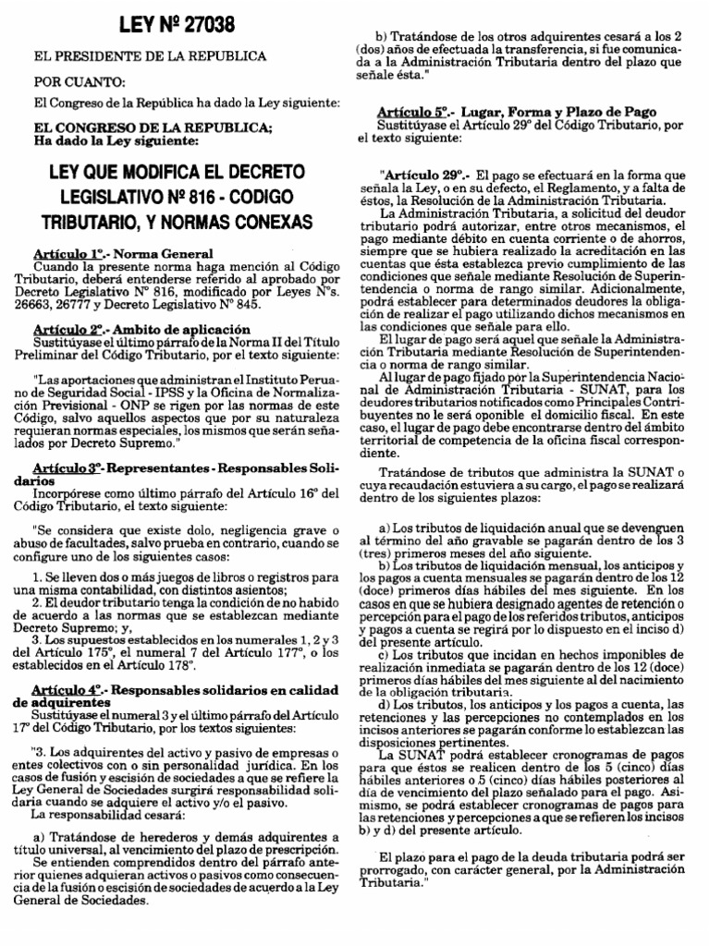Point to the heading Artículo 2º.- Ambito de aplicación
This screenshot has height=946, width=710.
coord(142,328)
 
